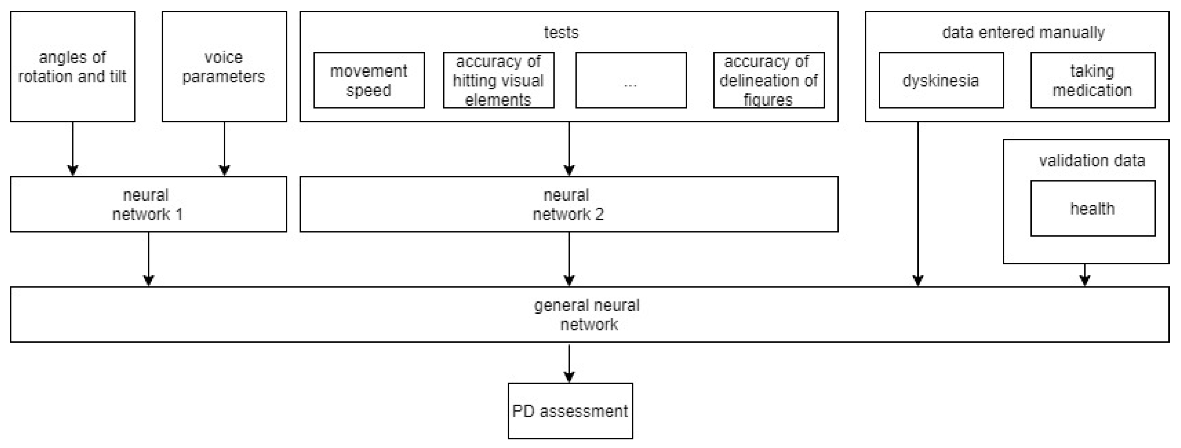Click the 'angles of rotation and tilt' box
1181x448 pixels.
pyautogui.click(x=72, y=67)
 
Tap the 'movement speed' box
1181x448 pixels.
pyautogui.click(x=369, y=81)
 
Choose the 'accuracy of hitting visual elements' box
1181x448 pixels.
pyautogui.click(x=498, y=81)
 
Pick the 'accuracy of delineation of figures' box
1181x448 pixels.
pyautogui.click(x=768, y=81)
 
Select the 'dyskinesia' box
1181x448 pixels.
pyautogui.click(x=941, y=81)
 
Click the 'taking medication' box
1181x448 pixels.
pyautogui.click(x=1092, y=81)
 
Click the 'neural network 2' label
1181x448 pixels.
pyautogui.click(x=568, y=204)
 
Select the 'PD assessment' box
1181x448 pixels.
pyautogui.click(x=570, y=411)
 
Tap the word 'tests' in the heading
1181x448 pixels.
pyautogui.click(x=561, y=32)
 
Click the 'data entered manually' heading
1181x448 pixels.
pyautogui.click(x=1023, y=32)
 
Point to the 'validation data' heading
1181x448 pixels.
pyautogui.click(x=1092, y=161)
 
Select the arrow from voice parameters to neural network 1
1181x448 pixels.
pyautogui.click(x=224, y=149)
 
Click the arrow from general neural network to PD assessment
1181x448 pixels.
pyautogui.click(x=569, y=363)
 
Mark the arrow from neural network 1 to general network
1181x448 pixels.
pyautogui.click(x=149, y=259)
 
